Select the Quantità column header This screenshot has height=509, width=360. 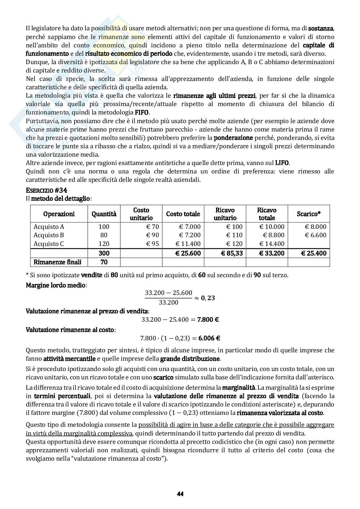coord(104,214)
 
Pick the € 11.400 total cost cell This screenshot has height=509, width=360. coord(188,244)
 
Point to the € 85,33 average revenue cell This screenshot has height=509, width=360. coord(232,253)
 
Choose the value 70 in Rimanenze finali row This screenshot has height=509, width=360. coord(104,262)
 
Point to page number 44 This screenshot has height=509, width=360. coord(180,494)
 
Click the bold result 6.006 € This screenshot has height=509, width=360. coord(209,338)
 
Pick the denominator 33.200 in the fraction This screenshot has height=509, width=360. coord(168,302)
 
